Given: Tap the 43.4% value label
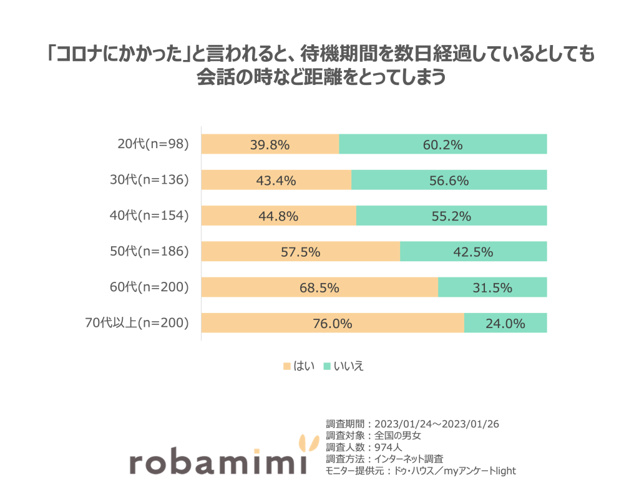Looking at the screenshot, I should coord(276,181).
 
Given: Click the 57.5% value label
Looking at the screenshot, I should coord(300,252).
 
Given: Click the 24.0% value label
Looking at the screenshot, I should coord(505,324).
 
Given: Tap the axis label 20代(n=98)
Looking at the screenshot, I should coord(153,144).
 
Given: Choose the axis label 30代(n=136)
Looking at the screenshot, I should coord(149,181).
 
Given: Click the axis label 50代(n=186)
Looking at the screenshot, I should coord(149,252).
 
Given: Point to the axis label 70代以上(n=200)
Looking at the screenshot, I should coord(137,323).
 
